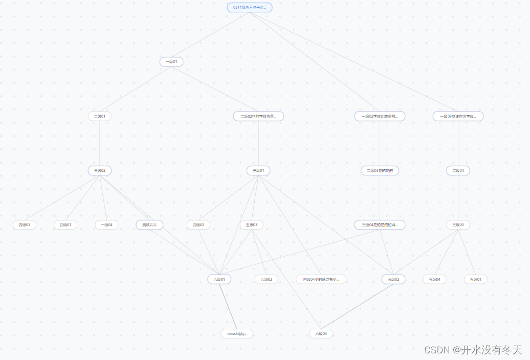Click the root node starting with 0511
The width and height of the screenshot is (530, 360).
[x=250, y=8]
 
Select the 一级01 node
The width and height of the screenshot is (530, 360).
[x=171, y=62]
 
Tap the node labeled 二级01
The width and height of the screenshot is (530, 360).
[x=100, y=117]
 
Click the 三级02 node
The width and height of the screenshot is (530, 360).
[x=100, y=171]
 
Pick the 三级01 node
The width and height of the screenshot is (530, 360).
[x=258, y=171]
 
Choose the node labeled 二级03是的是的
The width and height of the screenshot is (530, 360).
[x=380, y=171]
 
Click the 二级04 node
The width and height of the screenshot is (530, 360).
[x=458, y=171]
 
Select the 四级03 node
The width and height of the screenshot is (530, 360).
[x=25, y=225]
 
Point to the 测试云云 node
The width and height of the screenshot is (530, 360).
[x=149, y=225]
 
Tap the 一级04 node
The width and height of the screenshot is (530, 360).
[x=106, y=225]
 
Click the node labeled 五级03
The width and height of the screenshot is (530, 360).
[x=252, y=225]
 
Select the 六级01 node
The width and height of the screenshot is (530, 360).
[x=219, y=280]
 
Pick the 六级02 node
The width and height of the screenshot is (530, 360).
[x=267, y=280]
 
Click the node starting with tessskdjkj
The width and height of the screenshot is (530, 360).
[x=237, y=334]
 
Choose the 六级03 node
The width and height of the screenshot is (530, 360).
[x=321, y=334]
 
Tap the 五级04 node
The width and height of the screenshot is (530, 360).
[x=434, y=280]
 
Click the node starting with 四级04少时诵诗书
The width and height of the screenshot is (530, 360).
[x=321, y=280]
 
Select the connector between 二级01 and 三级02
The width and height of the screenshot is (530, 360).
[x=100, y=144]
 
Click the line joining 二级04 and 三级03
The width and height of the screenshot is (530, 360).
[x=458, y=198]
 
